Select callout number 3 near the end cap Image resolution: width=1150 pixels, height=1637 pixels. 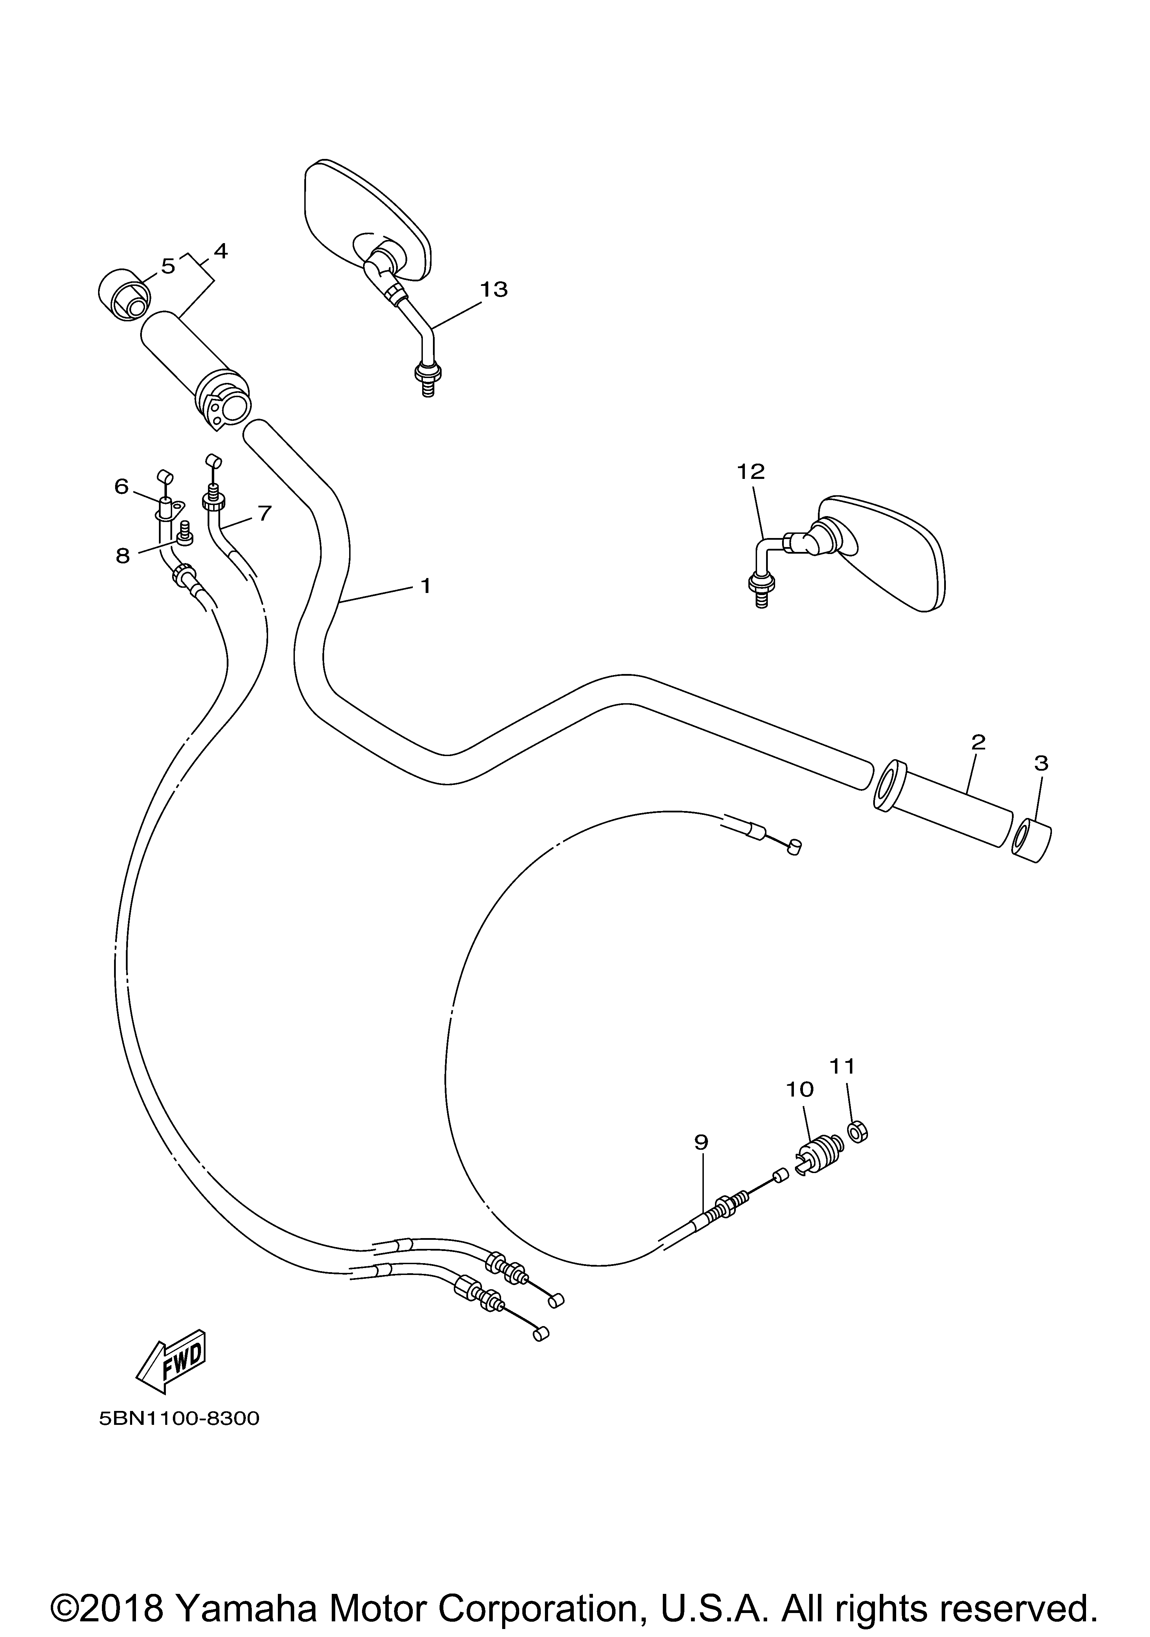click(x=1041, y=764)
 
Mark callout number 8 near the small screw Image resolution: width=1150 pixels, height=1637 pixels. click(x=123, y=556)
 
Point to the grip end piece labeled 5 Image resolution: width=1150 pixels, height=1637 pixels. click(x=123, y=295)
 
